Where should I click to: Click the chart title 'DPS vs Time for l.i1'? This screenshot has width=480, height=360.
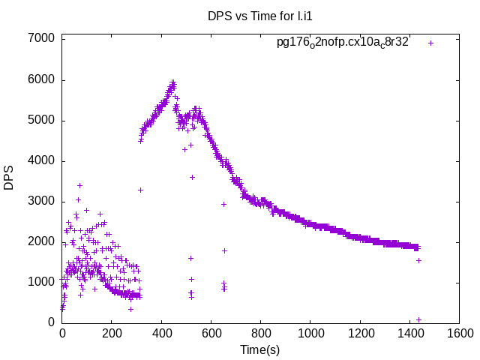click(x=259, y=16)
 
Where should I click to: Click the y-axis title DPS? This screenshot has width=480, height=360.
click(x=10, y=178)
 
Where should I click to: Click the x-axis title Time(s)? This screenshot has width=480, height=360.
click(x=259, y=349)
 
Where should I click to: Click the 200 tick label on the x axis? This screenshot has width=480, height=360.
click(x=112, y=334)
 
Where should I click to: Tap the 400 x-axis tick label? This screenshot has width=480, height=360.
click(x=161, y=334)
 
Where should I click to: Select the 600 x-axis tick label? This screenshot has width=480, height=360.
click(x=211, y=334)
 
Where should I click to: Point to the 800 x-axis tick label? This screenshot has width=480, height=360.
click(x=260, y=334)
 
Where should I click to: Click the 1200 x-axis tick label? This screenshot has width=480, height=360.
click(x=359, y=334)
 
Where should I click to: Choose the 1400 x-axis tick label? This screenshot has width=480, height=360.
click(x=409, y=334)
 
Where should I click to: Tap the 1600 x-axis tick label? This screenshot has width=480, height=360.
click(x=458, y=334)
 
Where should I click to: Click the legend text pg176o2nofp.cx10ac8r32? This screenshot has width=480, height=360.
click(x=343, y=43)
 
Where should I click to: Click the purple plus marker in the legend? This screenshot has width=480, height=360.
click(x=430, y=43)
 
